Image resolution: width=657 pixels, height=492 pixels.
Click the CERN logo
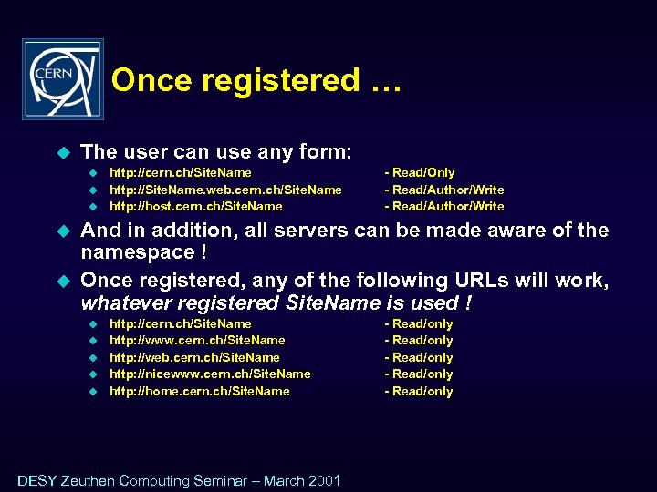click(62, 79)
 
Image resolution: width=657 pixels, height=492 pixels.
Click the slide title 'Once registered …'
click(255, 80)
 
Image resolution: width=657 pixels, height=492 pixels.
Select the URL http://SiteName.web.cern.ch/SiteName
click(225, 190)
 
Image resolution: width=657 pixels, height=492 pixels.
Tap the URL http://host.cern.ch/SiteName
click(195, 206)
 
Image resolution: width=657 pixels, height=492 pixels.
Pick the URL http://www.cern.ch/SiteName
click(197, 340)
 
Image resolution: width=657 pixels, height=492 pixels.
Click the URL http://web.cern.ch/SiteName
click(194, 357)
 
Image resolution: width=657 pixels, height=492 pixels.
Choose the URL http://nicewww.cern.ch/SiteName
click(210, 374)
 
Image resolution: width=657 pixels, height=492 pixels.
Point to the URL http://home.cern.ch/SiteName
click(199, 391)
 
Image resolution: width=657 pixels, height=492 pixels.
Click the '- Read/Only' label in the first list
click(420, 172)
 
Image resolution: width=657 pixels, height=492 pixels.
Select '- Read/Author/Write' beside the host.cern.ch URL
click(444, 206)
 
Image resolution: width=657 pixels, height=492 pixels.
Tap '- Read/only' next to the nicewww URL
click(419, 374)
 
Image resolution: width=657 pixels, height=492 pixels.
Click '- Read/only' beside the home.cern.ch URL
click(419, 391)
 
